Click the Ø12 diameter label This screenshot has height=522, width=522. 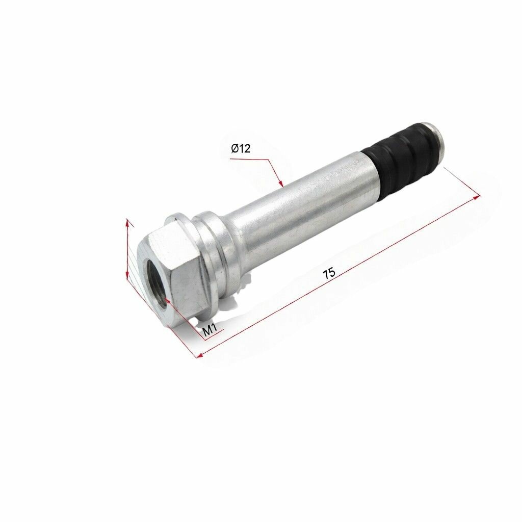pyautogui.click(x=241, y=148)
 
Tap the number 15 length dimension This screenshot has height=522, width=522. pyautogui.click(x=329, y=273)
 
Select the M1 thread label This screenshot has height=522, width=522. pyautogui.click(x=210, y=330)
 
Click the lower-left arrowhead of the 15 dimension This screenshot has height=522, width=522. pyautogui.click(x=201, y=355)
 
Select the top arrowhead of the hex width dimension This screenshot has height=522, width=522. pyautogui.click(x=127, y=223)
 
